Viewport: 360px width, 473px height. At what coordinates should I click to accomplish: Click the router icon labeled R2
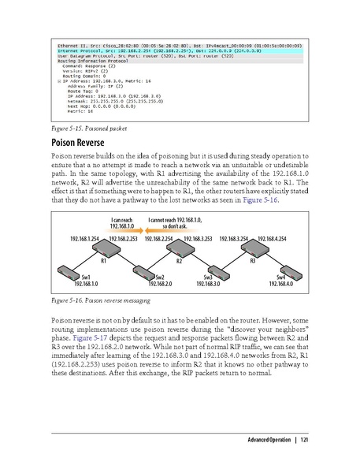tap(180, 251)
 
